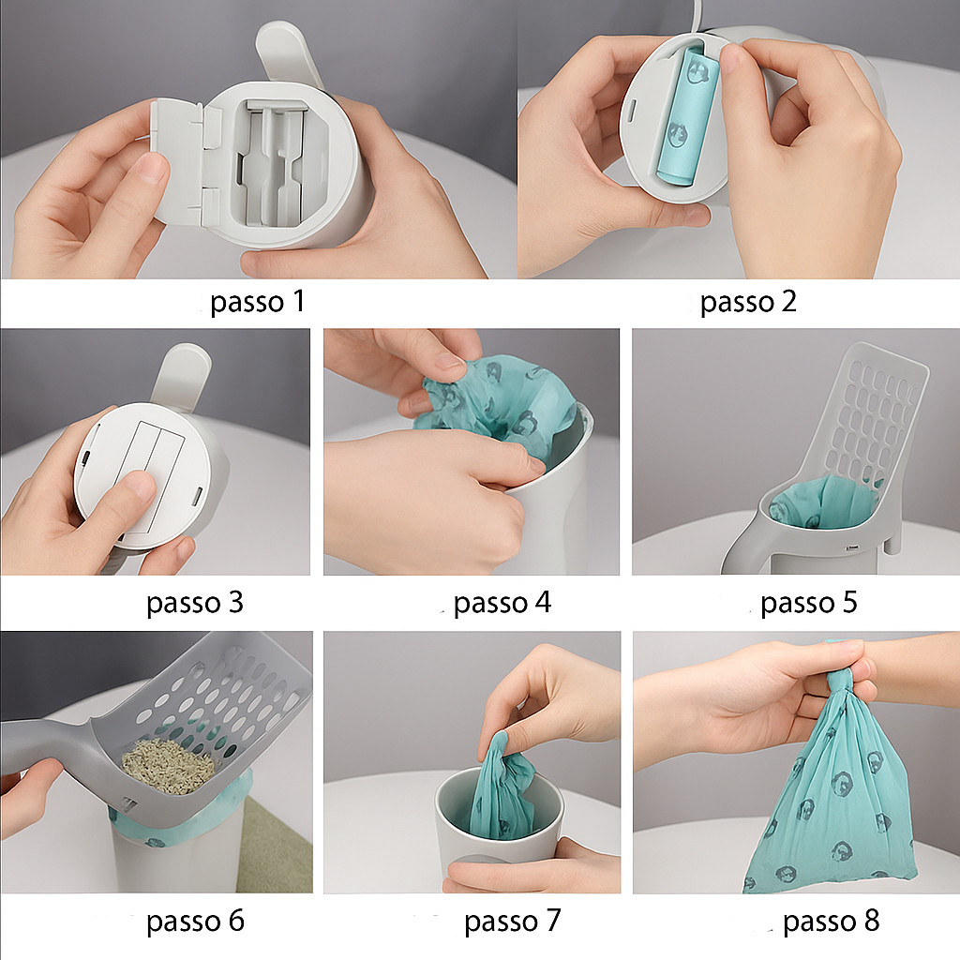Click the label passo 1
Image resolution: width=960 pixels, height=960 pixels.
(257, 302)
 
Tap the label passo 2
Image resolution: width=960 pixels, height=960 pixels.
(748, 302)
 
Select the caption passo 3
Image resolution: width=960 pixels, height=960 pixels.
(195, 603)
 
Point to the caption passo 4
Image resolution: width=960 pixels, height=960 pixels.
(502, 603)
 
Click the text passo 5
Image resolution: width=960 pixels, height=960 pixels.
(809, 603)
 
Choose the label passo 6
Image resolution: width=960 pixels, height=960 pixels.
(195, 921)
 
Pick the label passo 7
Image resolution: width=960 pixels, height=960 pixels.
(513, 921)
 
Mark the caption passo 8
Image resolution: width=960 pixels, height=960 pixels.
(832, 921)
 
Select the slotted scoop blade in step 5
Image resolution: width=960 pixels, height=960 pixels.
(869, 416)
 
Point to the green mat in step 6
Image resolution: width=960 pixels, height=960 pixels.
(275, 845)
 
